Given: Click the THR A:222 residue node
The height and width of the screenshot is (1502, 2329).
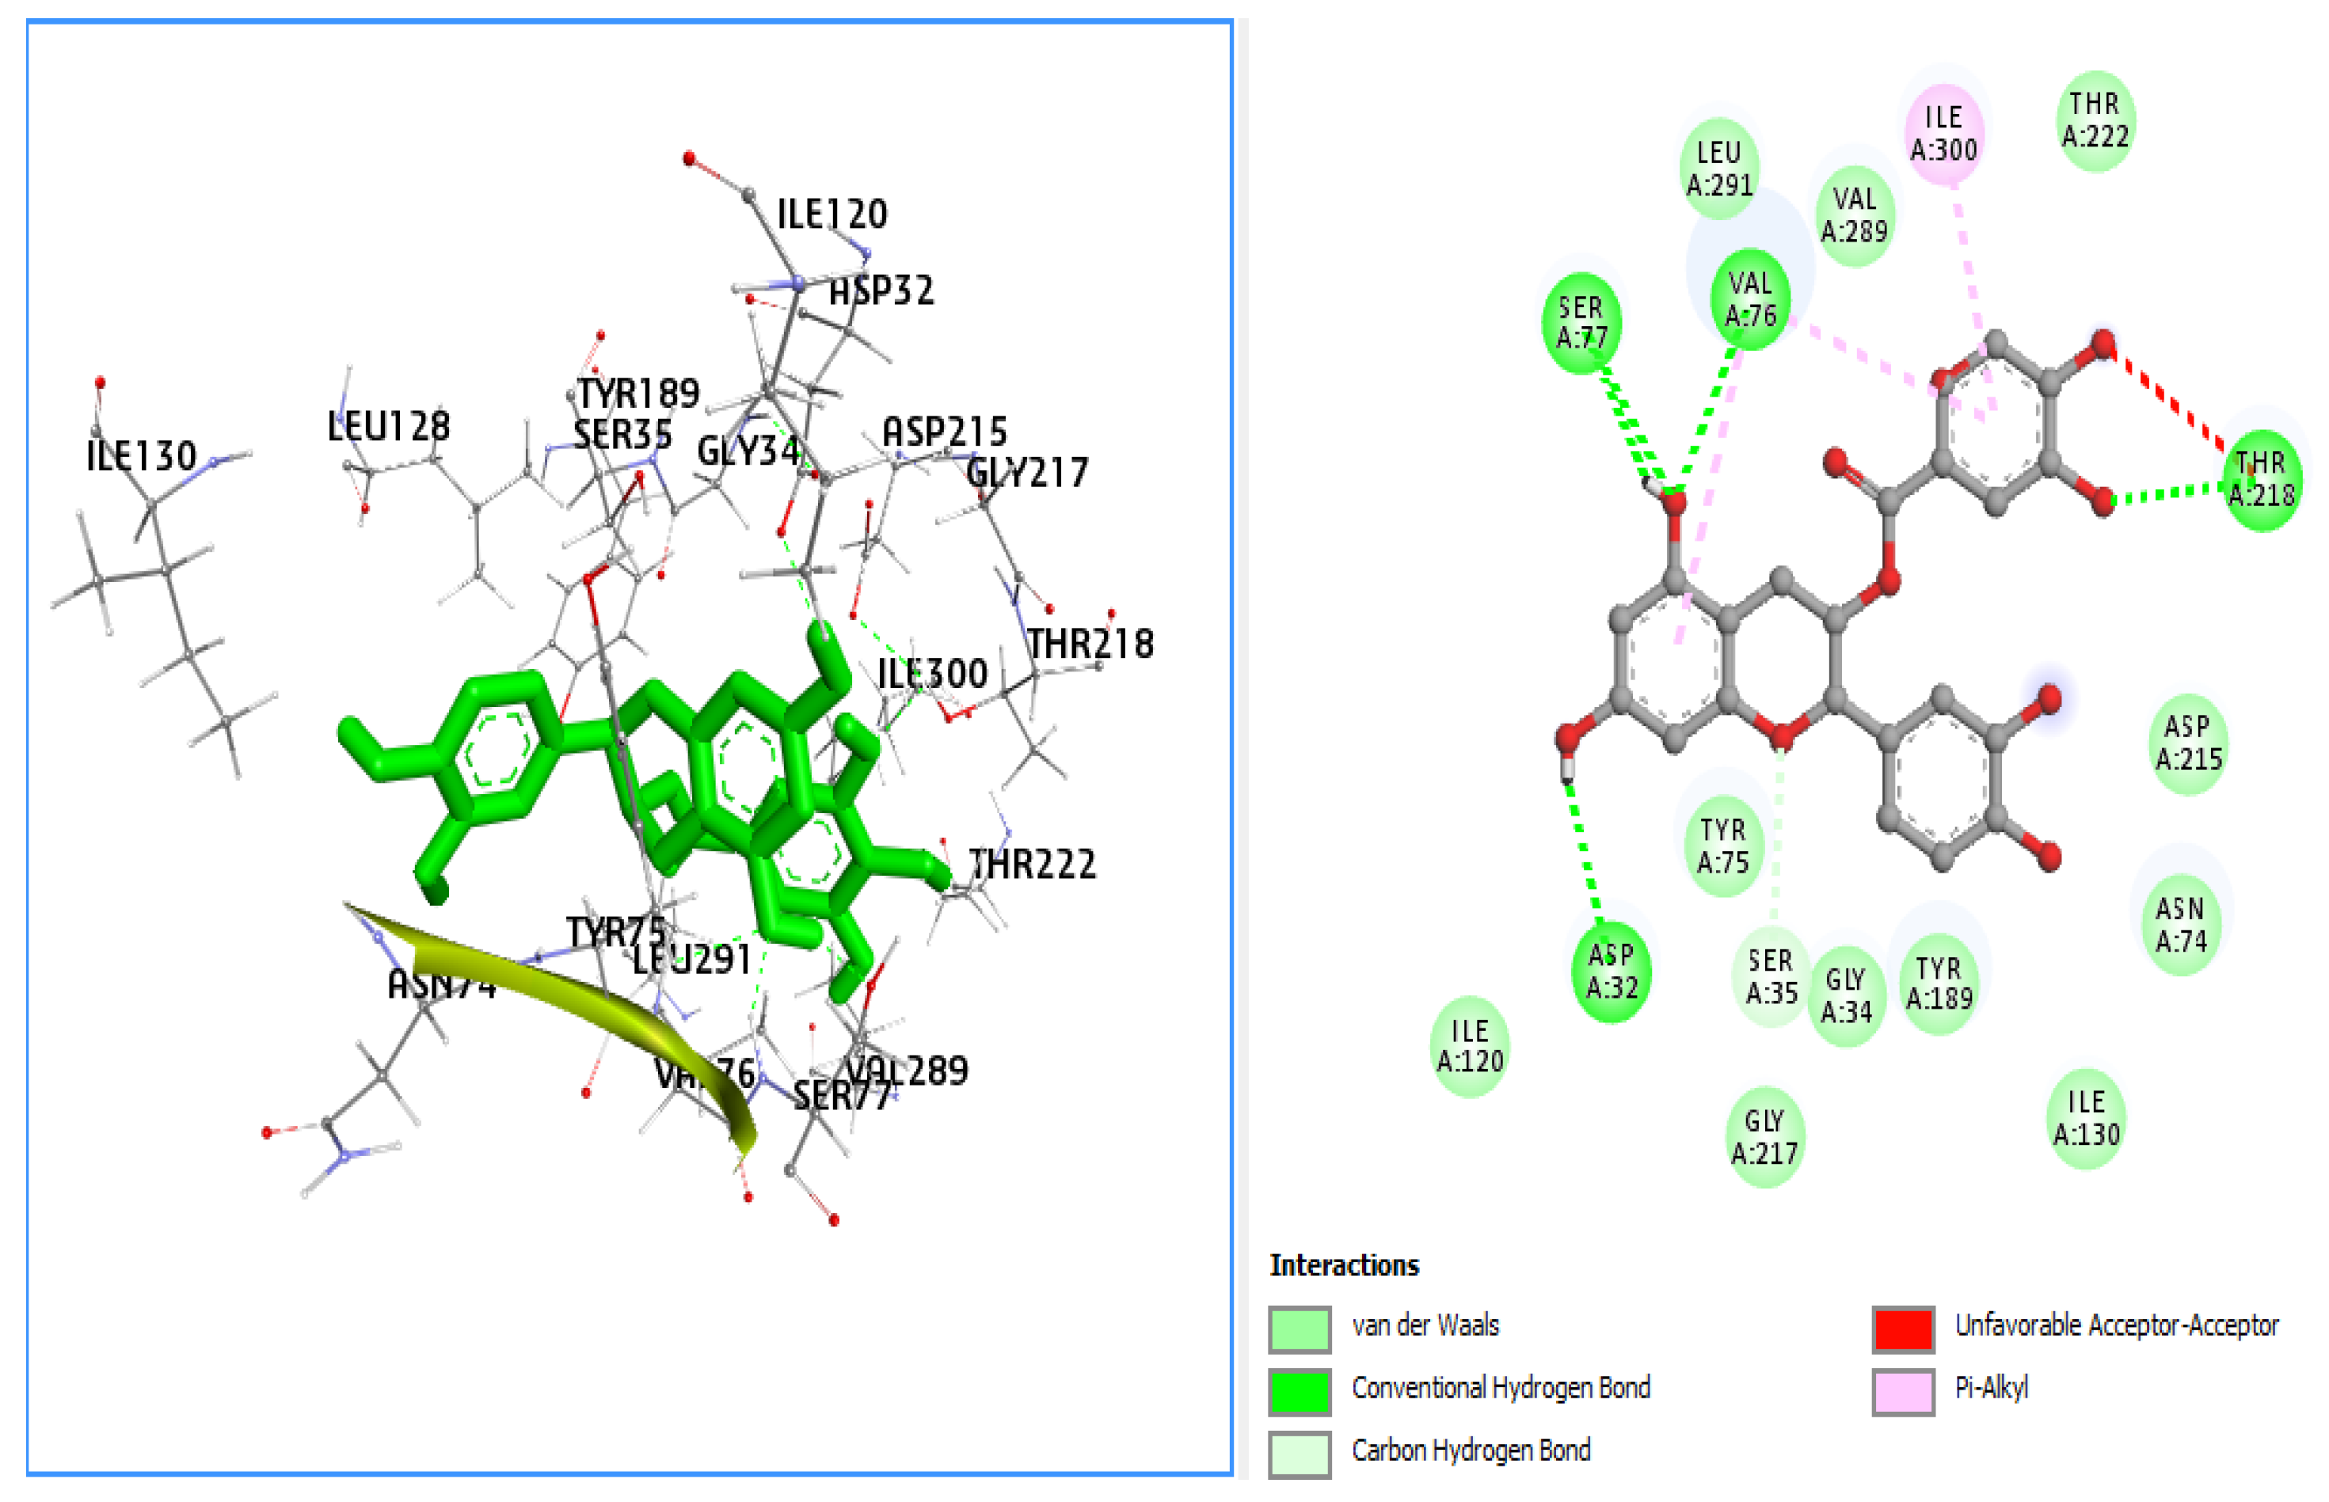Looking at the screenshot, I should pos(2094,120).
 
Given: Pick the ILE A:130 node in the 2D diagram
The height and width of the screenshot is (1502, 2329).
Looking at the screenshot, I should pos(2085,1118).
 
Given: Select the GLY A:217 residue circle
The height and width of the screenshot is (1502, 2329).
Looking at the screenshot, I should pos(1764,1137).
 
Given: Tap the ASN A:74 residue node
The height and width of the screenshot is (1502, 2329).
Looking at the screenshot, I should pos(2180,925).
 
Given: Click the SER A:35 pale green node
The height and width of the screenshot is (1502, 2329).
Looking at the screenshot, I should pos(1770,977).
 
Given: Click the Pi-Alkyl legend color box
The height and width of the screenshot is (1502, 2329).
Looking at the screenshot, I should pos(1902,1391).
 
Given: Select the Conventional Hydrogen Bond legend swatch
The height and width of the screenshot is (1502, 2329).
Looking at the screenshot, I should pos(1299,1391).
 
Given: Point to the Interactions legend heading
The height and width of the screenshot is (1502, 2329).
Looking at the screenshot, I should pos(1343,1265).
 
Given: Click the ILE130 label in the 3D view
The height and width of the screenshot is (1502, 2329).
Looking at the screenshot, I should pos(142,455).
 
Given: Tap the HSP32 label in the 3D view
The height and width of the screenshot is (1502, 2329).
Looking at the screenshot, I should pos(881,291).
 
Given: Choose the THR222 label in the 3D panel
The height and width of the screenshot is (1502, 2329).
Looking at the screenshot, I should pos(1032,864).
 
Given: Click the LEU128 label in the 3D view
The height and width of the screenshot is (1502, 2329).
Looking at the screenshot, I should pos(388,426).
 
